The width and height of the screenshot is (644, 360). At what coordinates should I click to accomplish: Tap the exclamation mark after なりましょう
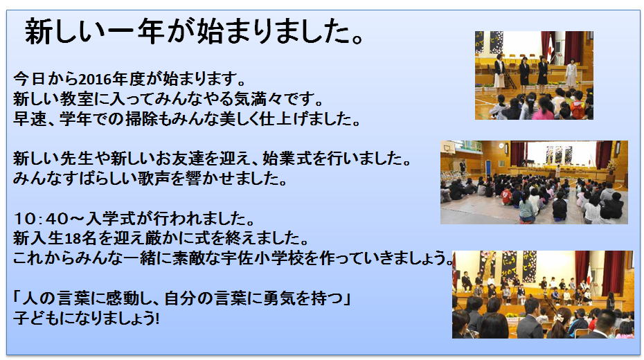pyautogui.click(x=157, y=318)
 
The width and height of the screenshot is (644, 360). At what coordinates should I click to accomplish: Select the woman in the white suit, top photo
pyautogui.click(x=571, y=74)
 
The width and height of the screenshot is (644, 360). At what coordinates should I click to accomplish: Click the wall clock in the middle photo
pyautogui.click(x=501, y=145)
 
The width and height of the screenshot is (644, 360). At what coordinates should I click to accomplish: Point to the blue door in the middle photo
pyautogui.click(x=488, y=168)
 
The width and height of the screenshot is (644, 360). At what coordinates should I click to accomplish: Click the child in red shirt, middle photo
pyautogui.click(x=506, y=196)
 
